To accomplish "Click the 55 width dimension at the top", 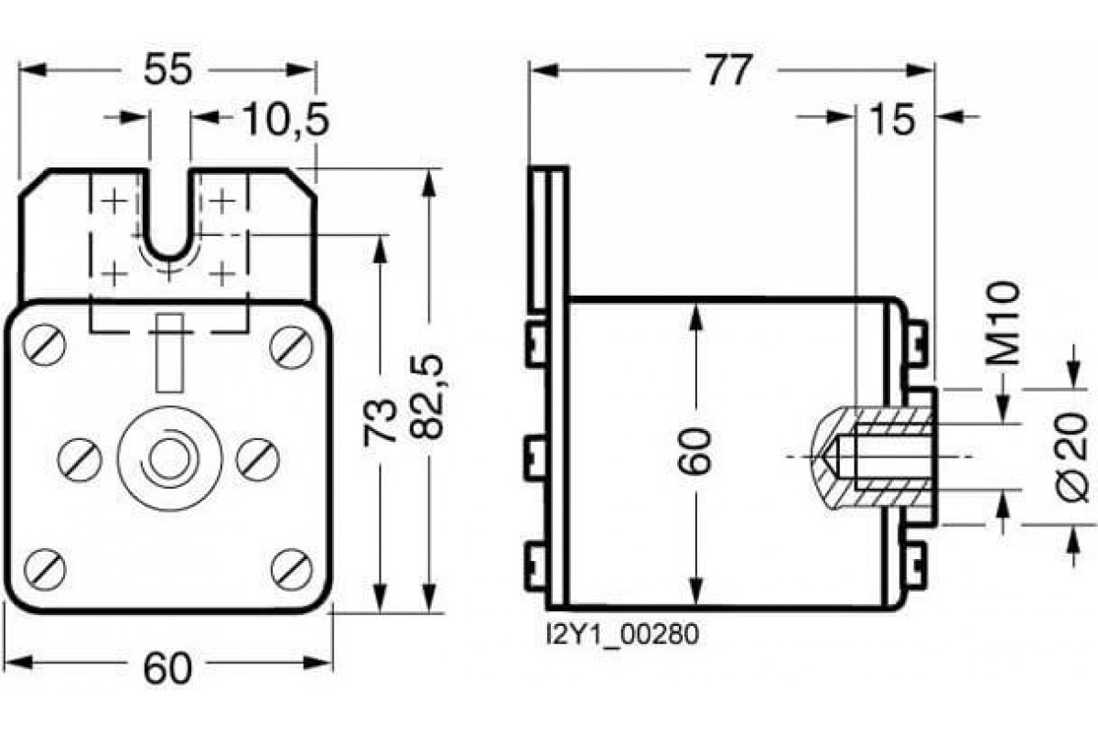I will pyautogui.click(x=168, y=70).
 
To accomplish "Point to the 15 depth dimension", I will pyautogui.click(x=892, y=119).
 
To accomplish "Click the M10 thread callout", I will pyautogui.click(x=1005, y=325).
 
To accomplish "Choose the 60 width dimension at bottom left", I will pyautogui.click(x=168, y=669).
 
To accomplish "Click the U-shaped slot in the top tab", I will pyautogui.click(x=169, y=220).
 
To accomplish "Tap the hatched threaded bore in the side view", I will pyautogui.click(x=874, y=456).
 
